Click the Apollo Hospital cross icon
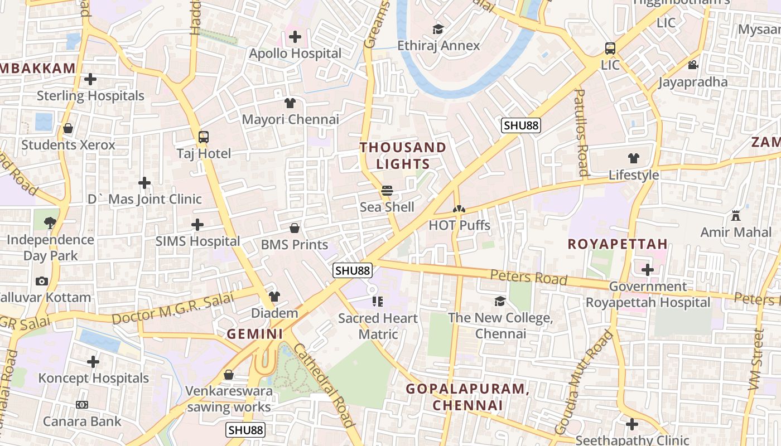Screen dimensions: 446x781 [295, 37]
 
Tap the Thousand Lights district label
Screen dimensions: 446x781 [403, 156]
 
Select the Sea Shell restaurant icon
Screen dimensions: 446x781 [387, 191]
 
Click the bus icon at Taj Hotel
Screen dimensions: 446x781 [204, 137]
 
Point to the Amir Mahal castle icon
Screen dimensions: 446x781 [736, 216]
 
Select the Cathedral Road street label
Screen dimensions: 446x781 [324, 385]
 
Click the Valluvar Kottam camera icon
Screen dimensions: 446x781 [41, 282]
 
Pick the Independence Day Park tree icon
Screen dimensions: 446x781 [50, 223]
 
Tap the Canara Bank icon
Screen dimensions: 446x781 [82, 405]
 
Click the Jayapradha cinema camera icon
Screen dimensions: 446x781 [693, 65]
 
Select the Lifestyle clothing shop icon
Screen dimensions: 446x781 [634, 158]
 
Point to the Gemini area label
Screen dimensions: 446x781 [255, 334]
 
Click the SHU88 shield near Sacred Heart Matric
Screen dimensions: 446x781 [353, 271]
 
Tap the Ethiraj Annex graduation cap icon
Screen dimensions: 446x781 [438, 29]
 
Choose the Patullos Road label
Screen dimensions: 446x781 [581, 132]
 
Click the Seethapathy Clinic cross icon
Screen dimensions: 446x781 [632, 424]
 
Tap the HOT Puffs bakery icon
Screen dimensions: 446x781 [459, 209]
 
